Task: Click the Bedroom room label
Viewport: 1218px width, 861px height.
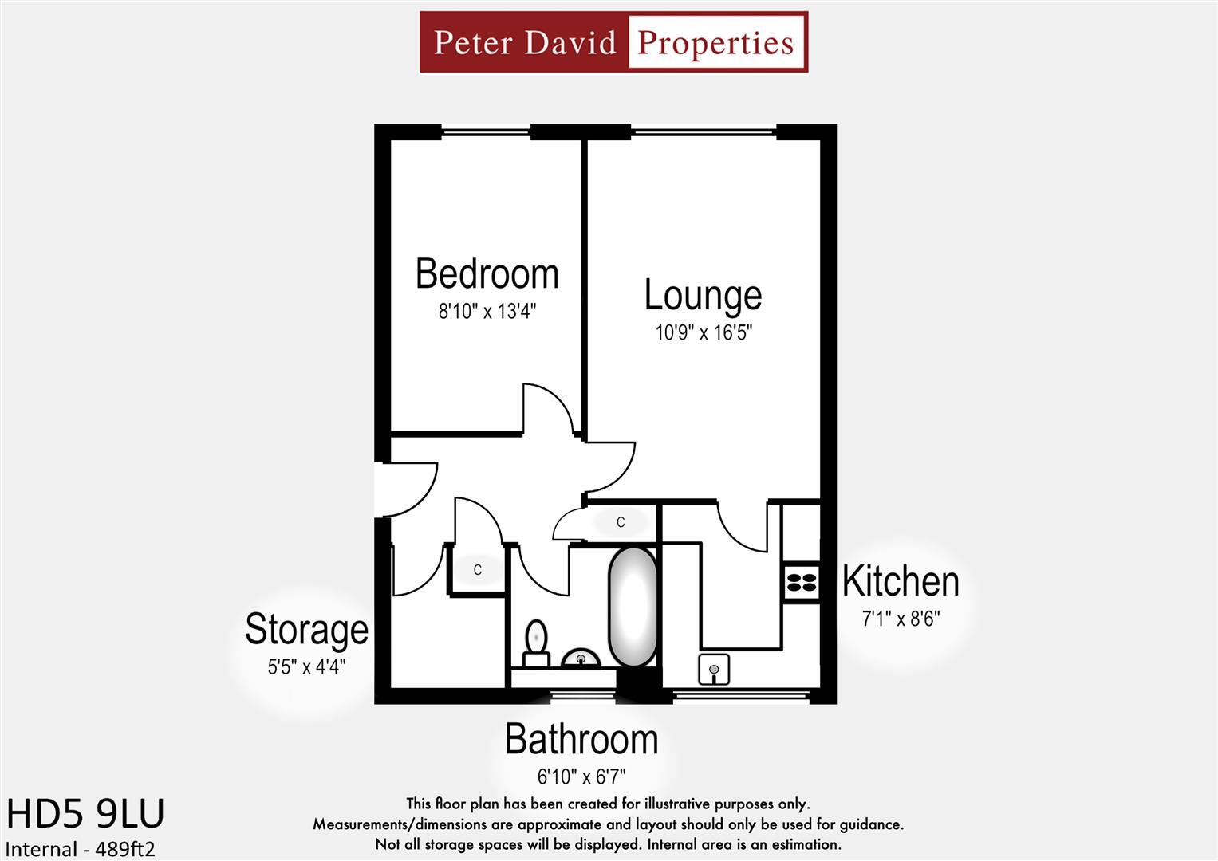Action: click(x=487, y=273)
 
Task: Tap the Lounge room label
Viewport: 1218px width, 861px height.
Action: click(x=703, y=295)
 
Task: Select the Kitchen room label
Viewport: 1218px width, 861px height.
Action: click(x=901, y=581)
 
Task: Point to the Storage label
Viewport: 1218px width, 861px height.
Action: click(x=306, y=629)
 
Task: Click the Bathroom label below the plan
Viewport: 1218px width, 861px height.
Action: click(x=581, y=740)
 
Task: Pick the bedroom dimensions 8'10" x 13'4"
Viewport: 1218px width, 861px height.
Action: click(x=487, y=311)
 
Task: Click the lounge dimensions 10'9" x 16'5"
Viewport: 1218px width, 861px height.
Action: click(x=704, y=332)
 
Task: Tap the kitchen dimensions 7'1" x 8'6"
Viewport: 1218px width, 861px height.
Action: click(x=901, y=618)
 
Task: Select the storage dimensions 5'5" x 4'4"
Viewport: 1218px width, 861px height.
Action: click(x=306, y=666)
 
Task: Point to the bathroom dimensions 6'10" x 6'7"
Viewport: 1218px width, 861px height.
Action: click(x=581, y=776)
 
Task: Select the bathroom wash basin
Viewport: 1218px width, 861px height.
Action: click(x=581, y=659)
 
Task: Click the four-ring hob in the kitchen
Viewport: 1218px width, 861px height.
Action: click(x=802, y=582)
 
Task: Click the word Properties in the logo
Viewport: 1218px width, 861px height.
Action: click(x=715, y=42)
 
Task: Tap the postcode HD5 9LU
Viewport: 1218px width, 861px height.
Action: click(x=85, y=814)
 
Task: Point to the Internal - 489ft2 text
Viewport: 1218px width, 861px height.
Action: click(x=81, y=849)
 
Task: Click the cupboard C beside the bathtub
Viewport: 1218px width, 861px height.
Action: click(x=620, y=522)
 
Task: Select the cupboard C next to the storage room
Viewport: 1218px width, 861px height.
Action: click(x=477, y=570)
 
